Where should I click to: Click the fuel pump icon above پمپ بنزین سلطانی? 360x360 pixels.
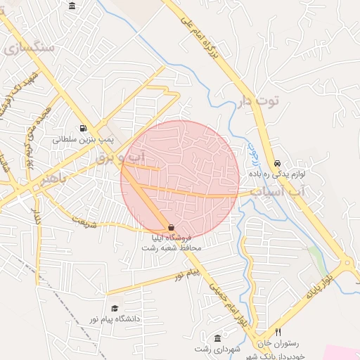(x=84, y=128)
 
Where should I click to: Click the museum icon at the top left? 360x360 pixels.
(x=72, y=6)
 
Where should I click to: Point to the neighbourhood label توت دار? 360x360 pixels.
(x=257, y=101)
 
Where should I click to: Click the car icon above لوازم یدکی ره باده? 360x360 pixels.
(x=277, y=162)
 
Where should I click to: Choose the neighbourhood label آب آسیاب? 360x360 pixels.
(x=280, y=191)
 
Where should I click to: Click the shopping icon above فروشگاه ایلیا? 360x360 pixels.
(x=172, y=227)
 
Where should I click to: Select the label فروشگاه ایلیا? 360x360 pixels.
(x=172, y=238)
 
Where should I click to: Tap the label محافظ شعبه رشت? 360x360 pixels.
(x=172, y=248)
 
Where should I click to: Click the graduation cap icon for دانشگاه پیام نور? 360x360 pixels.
(x=115, y=308)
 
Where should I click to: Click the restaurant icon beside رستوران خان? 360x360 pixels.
(x=278, y=332)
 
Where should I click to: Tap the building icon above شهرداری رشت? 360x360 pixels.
(x=217, y=338)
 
